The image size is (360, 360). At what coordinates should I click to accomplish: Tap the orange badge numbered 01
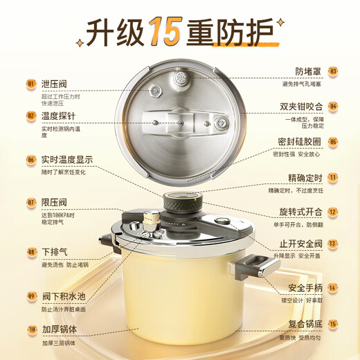pos(31,84)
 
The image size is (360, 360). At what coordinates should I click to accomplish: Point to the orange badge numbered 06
pos(31,159)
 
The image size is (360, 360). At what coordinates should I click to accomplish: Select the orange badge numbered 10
pos(31,330)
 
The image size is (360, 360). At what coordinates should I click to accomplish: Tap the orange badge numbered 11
pos(333,177)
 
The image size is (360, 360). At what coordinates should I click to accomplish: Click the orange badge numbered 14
pos(333,287)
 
